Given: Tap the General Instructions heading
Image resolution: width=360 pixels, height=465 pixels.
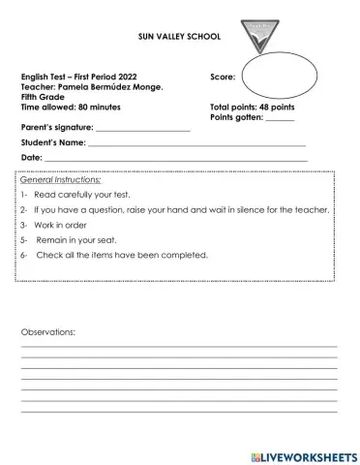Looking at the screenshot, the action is coord(60,180).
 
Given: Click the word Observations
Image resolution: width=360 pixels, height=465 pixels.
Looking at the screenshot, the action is coord(48,331).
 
